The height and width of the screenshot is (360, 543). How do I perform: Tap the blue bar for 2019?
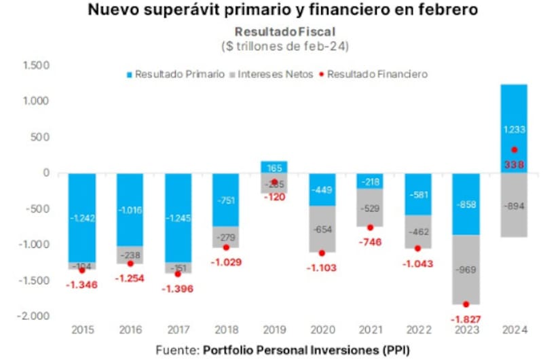[x=274, y=167]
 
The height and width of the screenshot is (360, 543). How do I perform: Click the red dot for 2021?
[x=370, y=228]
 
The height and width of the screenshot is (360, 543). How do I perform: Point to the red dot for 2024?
[x=514, y=149]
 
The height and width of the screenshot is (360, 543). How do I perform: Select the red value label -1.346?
[x=81, y=284]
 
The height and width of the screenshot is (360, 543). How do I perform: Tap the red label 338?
[x=514, y=164]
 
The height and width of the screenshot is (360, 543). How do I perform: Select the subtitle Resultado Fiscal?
[x=285, y=31]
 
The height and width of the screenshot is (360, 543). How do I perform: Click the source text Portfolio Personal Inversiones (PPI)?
[x=305, y=349]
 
